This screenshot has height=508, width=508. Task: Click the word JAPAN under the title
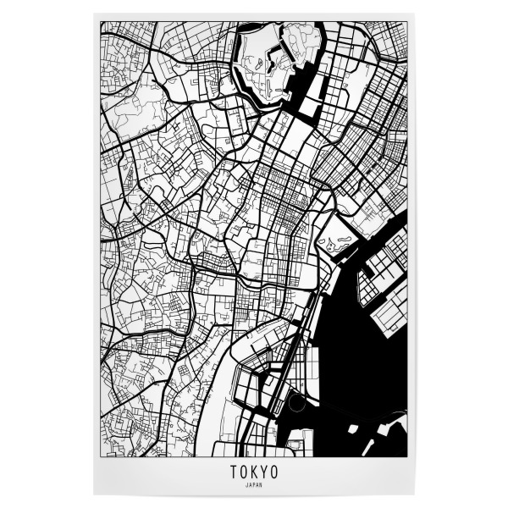[254, 485]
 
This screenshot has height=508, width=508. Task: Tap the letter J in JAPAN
[247, 485]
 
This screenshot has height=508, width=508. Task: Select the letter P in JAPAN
[254, 485]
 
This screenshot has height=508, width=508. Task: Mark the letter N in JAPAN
[261, 485]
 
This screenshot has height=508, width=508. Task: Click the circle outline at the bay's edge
[295, 404]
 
